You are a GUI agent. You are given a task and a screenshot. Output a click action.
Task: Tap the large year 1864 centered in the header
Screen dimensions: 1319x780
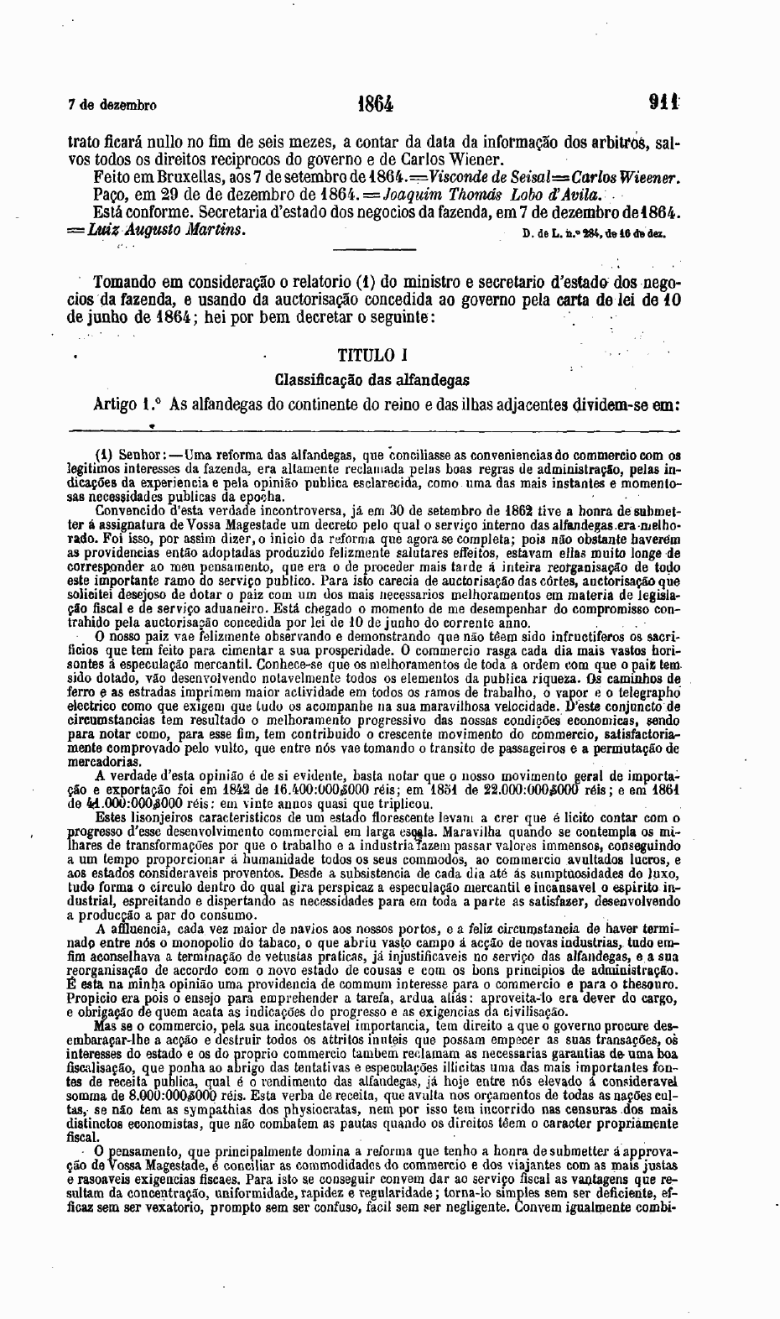[x=375, y=105]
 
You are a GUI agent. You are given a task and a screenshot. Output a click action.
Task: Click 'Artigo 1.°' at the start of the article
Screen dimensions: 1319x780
[x=127, y=404]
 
